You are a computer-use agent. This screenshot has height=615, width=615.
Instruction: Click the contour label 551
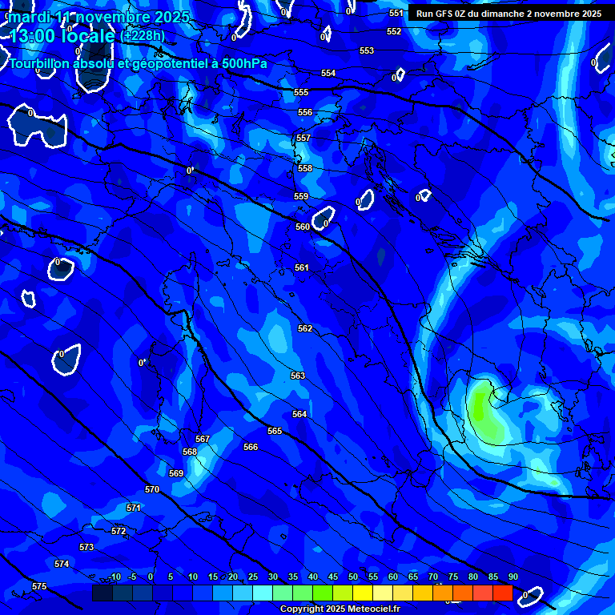click(396, 14)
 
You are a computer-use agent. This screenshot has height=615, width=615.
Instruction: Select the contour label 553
click(367, 51)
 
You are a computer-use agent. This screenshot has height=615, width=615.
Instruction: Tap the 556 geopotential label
click(305, 113)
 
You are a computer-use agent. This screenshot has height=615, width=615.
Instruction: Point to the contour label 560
click(302, 227)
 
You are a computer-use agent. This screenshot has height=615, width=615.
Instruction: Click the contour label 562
click(305, 329)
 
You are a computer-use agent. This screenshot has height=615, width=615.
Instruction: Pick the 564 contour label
click(299, 415)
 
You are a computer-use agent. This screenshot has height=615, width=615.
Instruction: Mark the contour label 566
click(251, 448)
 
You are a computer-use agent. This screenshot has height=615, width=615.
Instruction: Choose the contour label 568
click(190, 452)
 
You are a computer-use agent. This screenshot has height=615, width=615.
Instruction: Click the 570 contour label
click(152, 489)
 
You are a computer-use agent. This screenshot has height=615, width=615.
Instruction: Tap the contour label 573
click(86, 548)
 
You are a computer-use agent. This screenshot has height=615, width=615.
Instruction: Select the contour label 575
click(39, 587)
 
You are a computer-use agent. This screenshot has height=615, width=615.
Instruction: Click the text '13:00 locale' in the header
click(62, 36)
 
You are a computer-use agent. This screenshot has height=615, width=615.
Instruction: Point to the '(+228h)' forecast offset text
click(143, 36)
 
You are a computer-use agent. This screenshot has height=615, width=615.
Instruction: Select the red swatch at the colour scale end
click(502, 593)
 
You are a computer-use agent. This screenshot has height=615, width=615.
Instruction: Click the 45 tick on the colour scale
click(332, 577)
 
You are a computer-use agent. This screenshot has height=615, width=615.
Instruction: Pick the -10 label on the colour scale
click(114, 577)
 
